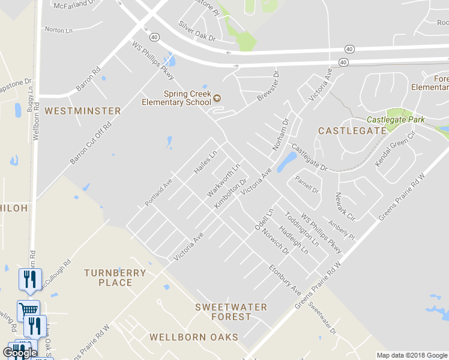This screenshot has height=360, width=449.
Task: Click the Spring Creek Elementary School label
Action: tap(176, 98)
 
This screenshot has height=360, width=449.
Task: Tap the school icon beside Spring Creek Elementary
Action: tap(217, 98)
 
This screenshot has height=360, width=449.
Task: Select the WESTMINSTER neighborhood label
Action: tap(83, 111)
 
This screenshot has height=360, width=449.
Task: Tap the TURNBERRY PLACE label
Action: tap(115, 277)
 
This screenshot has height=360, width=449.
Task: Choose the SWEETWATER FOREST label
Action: tap(231, 311)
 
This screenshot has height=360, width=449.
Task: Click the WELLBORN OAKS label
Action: tap(194, 337)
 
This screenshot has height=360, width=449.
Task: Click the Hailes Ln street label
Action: tap(205, 163)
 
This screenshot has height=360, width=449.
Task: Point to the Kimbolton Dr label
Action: tap(231, 193)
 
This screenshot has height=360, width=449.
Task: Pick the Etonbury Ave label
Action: tap(285, 279)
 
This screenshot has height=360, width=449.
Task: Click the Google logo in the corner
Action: tap(20, 353)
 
